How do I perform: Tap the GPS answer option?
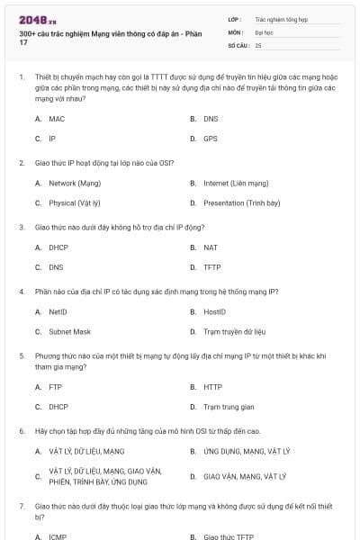[210, 139]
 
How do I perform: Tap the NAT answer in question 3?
[210, 247]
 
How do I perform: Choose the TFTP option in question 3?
[211, 267]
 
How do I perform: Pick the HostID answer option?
[214, 311]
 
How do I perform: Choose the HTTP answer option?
[212, 387]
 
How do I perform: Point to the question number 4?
[21, 292]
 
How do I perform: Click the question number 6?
[21, 431]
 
